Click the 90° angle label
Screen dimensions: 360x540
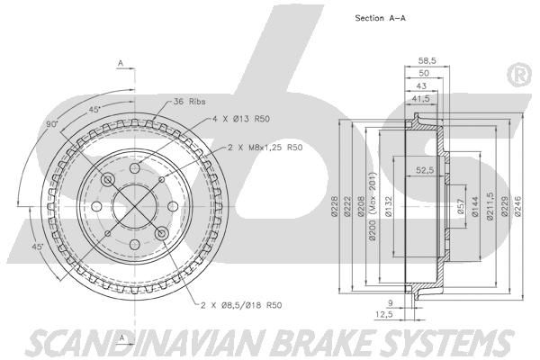(52, 123)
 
